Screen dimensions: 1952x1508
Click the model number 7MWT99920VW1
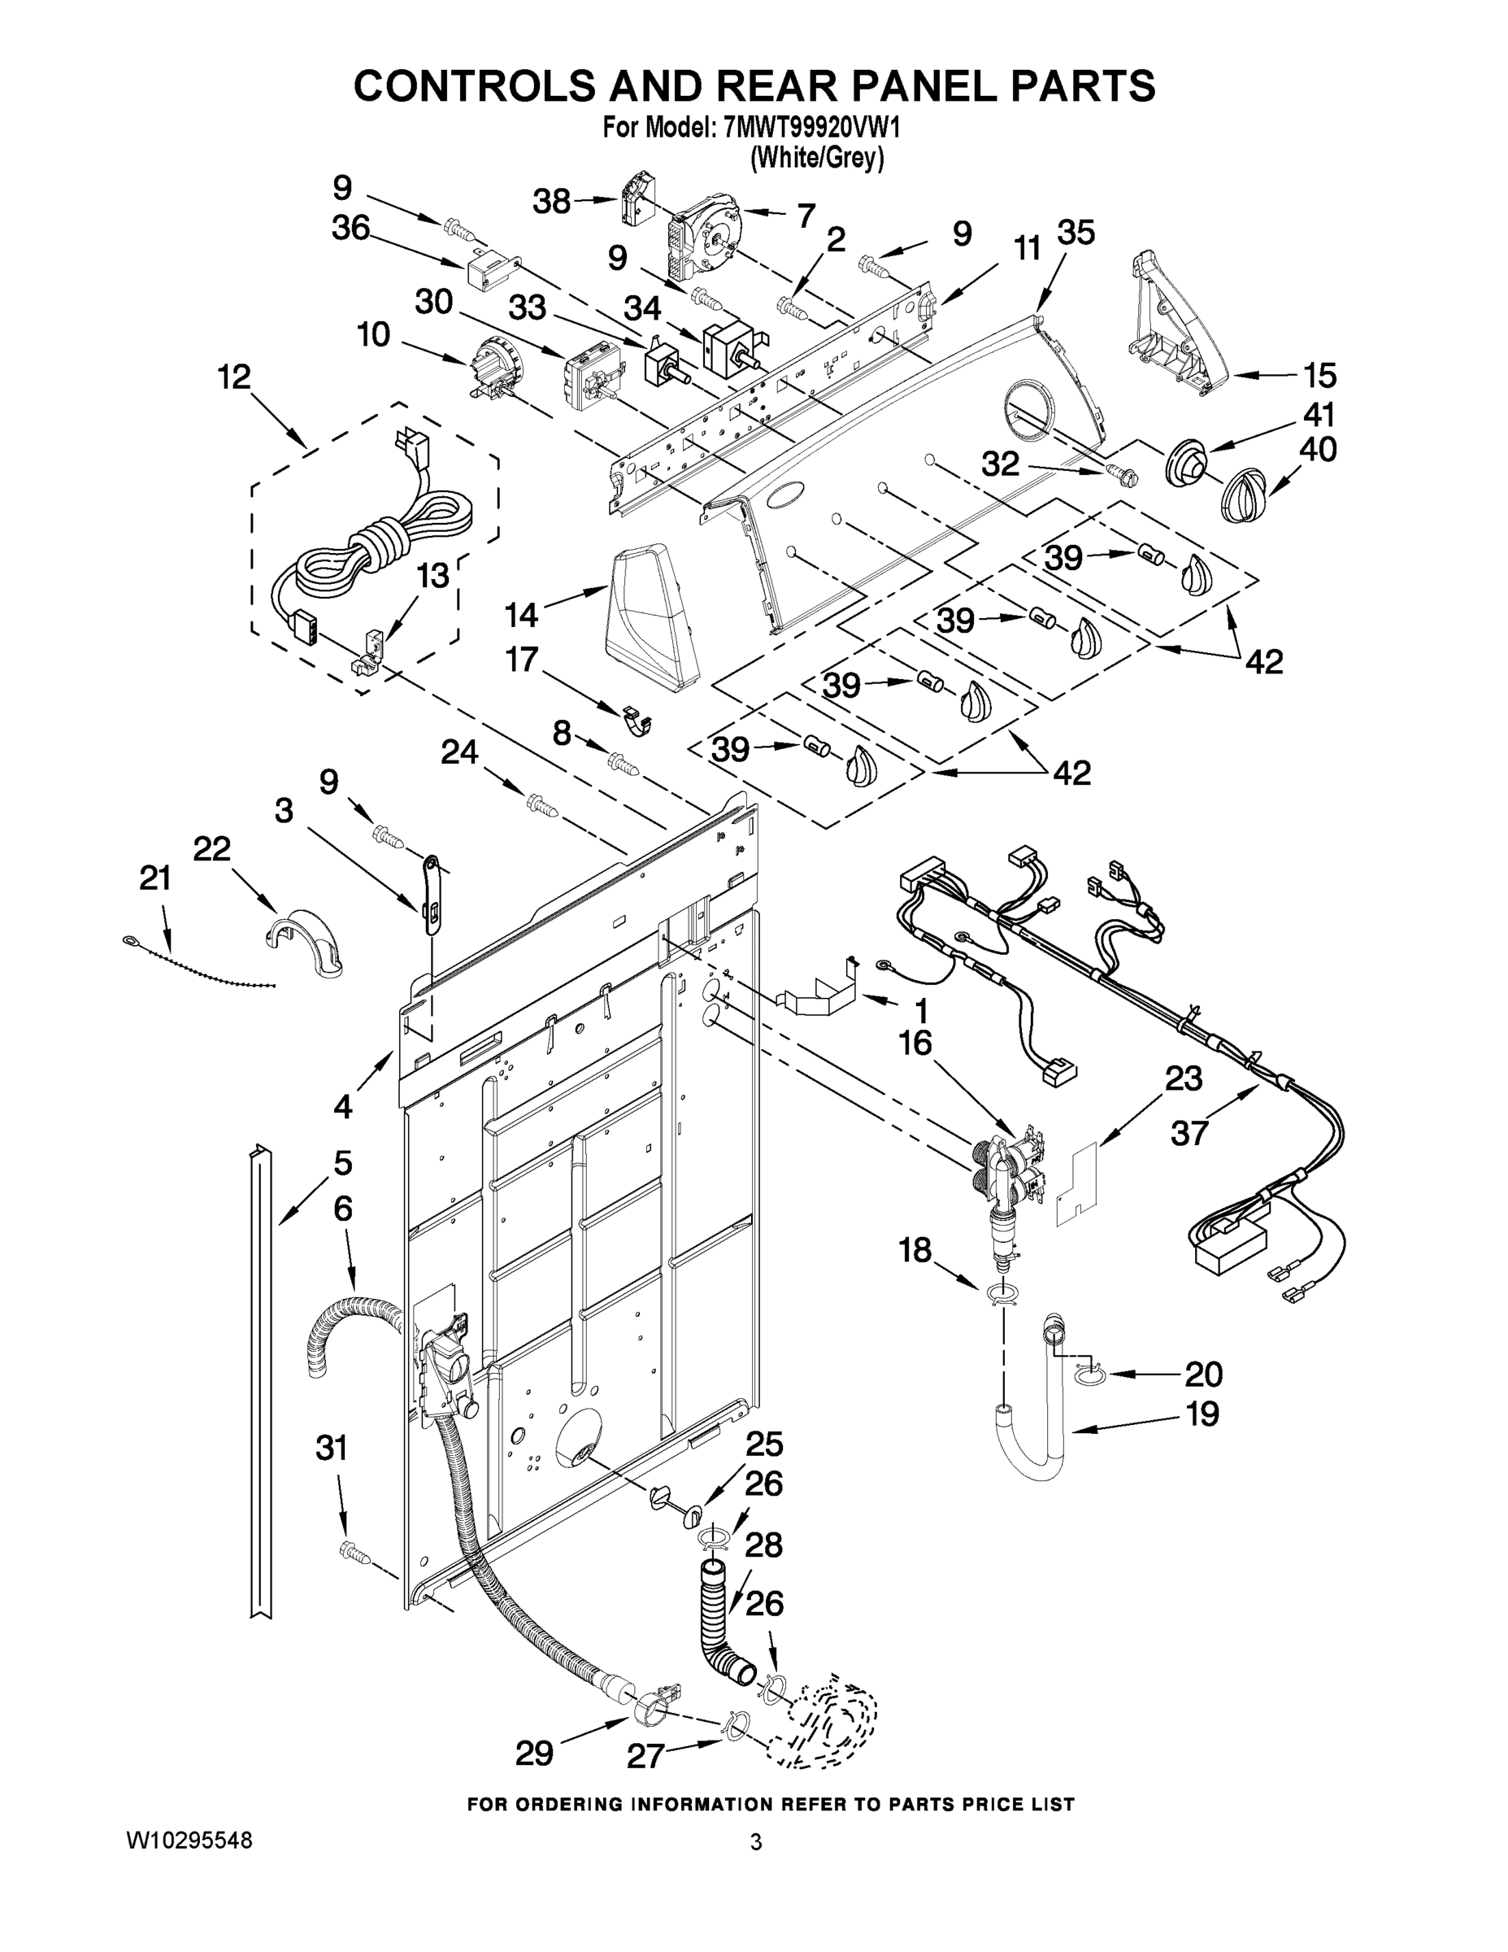point(812,129)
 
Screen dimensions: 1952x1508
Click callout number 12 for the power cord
point(234,377)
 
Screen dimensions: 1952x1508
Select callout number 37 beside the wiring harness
point(1190,1132)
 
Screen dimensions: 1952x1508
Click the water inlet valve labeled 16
point(1010,1175)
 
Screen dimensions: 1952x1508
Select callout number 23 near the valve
point(1183,1078)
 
